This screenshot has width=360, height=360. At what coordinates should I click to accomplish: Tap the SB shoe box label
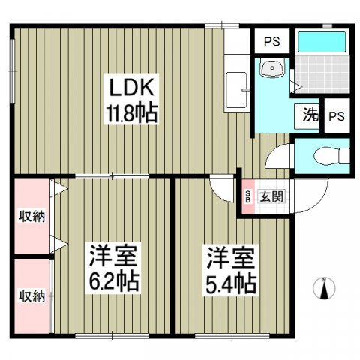click(248, 197)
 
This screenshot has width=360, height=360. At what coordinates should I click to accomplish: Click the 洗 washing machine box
click(310, 117)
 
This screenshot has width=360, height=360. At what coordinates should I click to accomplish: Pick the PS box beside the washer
click(337, 117)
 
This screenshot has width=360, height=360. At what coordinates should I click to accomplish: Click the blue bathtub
click(320, 42)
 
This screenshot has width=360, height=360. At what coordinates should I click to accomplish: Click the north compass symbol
click(324, 288)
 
